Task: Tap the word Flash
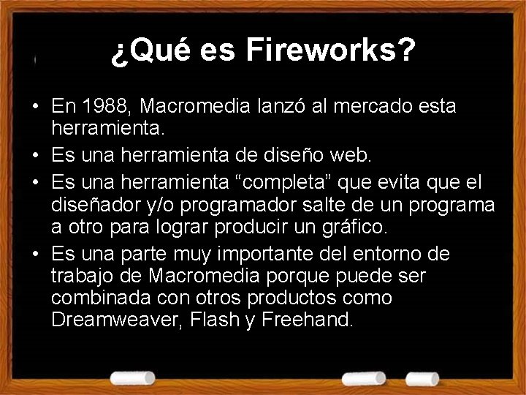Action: [208, 319]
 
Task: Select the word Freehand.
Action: [309, 319]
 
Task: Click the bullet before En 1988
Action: [35, 108]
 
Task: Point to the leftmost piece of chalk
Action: [133, 377]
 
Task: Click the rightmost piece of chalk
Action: [422, 378]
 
